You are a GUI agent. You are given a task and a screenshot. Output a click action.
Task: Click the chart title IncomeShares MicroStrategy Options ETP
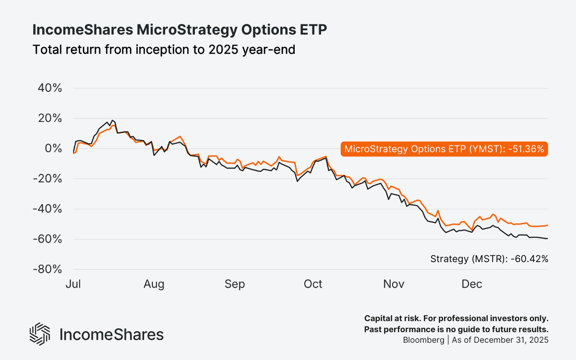pyautogui.click(x=179, y=30)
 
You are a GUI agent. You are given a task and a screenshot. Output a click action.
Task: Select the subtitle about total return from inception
pyautogui.click(x=163, y=49)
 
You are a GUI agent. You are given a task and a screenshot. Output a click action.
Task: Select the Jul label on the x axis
pyautogui.click(x=73, y=284)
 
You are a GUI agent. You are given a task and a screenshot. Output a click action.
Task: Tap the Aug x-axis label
pyautogui.click(x=154, y=284)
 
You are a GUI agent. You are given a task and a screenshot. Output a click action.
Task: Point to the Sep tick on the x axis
pyautogui.click(x=235, y=284)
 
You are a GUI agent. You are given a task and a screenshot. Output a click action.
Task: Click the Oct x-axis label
pyautogui.click(x=313, y=284)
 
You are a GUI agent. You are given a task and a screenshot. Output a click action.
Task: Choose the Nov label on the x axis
pyautogui.click(x=394, y=284)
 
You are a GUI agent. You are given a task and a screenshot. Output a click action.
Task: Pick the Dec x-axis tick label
pyautogui.click(x=472, y=284)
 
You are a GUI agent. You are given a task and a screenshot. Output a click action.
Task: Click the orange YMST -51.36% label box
pyautogui.click(x=444, y=149)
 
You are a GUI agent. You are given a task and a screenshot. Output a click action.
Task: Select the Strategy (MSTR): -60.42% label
pyautogui.click(x=489, y=259)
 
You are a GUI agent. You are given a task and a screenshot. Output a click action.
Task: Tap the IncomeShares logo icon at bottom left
pyautogui.click(x=40, y=334)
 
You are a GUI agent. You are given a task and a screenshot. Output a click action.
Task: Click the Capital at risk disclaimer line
pyautogui.click(x=456, y=319)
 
